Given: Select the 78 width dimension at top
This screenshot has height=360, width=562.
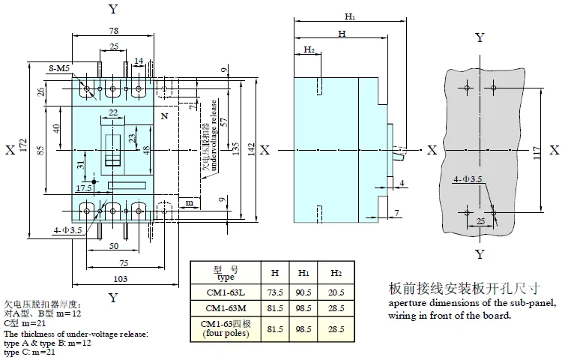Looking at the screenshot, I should point(112,31).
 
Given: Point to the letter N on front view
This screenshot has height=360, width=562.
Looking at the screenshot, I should point(165,116).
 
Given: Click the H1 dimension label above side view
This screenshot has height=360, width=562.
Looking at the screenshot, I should point(349,15).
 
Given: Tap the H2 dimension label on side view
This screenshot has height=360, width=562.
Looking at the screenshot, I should point(309,50).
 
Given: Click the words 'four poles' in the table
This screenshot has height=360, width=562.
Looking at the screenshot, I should point(225,334).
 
